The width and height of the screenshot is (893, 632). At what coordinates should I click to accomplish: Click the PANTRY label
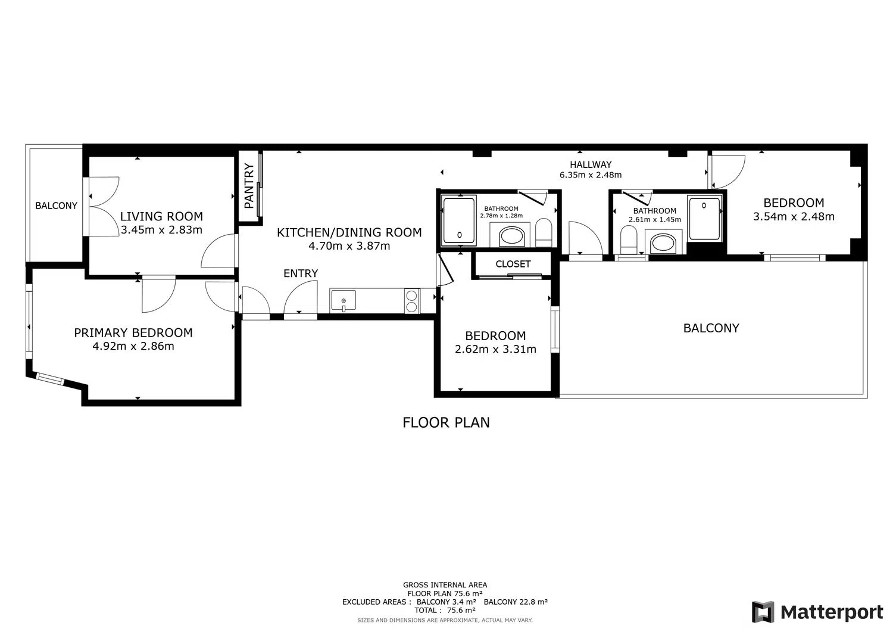(x=249, y=185)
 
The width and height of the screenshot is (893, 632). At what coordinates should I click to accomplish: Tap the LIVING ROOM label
(x=161, y=216)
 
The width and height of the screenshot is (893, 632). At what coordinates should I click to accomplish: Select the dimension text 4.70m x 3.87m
(x=349, y=246)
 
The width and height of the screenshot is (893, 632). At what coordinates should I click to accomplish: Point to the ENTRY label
(x=301, y=273)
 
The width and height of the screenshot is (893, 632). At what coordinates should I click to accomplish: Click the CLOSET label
(x=513, y=264)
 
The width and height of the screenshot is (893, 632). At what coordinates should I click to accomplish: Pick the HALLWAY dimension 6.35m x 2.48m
(x=591, y=175)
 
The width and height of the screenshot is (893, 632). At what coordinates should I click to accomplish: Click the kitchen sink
(x=344, y=300)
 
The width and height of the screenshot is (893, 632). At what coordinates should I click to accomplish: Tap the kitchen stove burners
(x=412, y=301)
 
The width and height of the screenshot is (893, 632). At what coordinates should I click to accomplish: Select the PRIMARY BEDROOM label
(x=133, y=332)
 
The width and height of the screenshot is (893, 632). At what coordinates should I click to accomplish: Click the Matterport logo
(x=817, y=612)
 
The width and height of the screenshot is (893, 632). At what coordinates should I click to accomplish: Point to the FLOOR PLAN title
(x=446, y=422)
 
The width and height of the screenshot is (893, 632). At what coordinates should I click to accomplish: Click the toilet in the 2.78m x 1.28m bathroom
(x=543, y=233)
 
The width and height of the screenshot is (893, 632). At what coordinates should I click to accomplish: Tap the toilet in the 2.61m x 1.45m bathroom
(x=629, y=240)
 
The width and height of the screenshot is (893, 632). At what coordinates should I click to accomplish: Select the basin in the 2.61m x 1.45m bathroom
(x=663, y=243)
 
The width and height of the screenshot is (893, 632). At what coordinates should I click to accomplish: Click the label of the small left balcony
(x=56, y=206)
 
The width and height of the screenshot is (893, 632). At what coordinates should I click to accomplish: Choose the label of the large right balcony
(x=711, y=328)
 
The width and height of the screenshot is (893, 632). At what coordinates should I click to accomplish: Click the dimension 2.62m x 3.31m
(x=495, y=349)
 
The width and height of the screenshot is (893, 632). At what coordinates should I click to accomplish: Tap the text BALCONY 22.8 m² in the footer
(x=516, y=602)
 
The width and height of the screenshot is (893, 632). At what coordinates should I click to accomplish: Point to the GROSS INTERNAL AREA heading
(x=445, y=585)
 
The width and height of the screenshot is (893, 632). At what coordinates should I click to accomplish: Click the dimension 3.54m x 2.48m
(x=794, y=216)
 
